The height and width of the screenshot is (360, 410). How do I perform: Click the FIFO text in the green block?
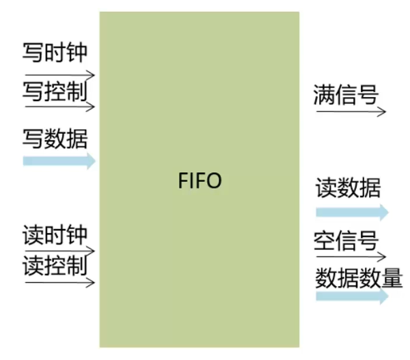[x=200, y=182]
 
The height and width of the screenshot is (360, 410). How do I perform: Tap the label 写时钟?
[x=55, y=53]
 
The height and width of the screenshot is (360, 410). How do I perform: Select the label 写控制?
[x=55, y=90]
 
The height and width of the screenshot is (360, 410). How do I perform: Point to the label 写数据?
[x=55, y=139]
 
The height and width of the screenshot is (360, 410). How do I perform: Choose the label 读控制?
[x=55, y=264]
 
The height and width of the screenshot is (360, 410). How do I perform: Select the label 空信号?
[x=346, y=241]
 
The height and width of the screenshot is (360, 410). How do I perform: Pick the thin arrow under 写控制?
[x=59, y=107]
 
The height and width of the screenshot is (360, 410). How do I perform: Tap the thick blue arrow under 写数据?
[x=59, y=161]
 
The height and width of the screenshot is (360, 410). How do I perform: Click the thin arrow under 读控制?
[x=59, y=281]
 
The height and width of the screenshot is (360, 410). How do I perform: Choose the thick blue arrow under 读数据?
[x=352, y=212]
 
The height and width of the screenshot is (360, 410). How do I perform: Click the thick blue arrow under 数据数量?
[x=352, y=296]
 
